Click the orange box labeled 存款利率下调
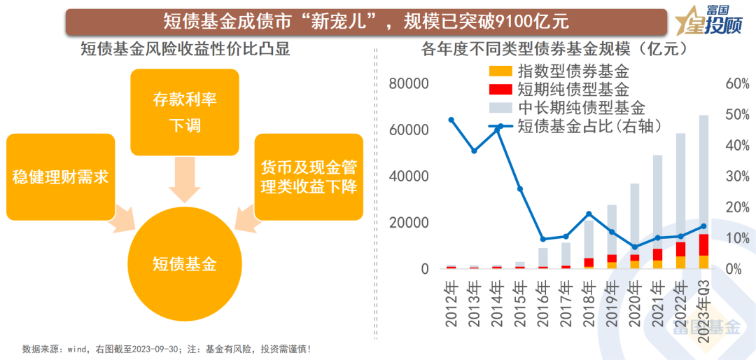[x=185, y=112]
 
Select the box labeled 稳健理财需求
[x=59, y=176]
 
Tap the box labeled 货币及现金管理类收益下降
[x=309, y=177]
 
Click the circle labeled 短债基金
[x=185, y=263]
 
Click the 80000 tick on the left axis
[x=408, y=84]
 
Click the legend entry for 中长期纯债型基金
[x=567, y=107]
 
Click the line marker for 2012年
[x=451, y=120]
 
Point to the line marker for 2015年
[x=520, y=189]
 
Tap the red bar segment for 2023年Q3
[x=703, y=244]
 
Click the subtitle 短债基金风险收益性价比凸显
[x=185, y=50]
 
